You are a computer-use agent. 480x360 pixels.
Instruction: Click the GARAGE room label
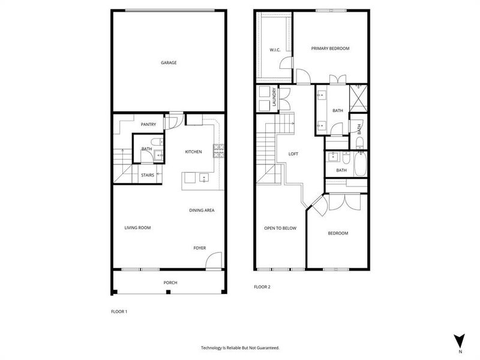[x=168, y=62]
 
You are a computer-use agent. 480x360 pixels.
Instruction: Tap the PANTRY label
[x=148, y=124]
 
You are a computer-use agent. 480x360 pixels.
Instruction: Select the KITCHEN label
[x=193, y=152]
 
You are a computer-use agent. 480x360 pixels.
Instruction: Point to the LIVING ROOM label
[x=137, y=227]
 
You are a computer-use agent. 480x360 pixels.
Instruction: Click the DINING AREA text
[x=202, y=210]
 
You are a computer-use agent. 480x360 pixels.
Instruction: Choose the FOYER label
[x=199, y=248]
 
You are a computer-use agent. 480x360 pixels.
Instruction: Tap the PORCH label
[x=170, y=283]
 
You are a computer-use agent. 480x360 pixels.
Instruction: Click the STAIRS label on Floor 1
[x=148, y=175]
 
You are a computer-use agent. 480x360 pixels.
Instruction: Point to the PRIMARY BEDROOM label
[x=330, y=49]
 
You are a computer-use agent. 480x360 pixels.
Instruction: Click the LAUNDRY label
[x=274, y=98]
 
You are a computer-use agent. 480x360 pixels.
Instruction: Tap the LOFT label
[x=293, y=154]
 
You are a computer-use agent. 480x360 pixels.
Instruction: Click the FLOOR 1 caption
[x=119, y=311]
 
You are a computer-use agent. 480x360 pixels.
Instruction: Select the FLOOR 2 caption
[x=262, y=287]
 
